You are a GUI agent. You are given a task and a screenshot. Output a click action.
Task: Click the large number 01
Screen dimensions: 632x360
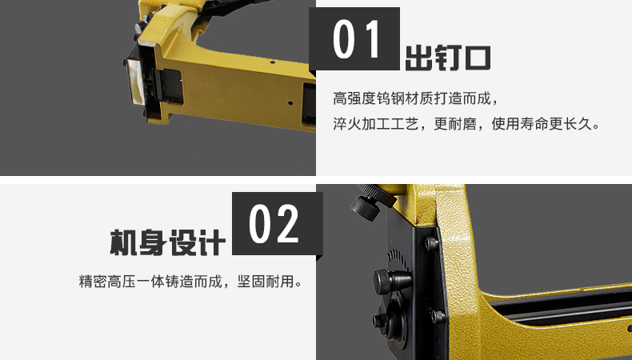(357, 39)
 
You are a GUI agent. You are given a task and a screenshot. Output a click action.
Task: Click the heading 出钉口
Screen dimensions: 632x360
(448, 58)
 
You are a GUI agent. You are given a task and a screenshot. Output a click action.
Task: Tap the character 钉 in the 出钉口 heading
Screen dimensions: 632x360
(447, 58)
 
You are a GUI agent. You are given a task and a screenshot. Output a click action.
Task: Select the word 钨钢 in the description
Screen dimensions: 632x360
(390, 98)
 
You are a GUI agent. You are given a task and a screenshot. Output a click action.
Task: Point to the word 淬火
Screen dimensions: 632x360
(347, 124)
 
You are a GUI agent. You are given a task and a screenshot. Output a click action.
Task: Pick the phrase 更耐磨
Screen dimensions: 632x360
(455, 124)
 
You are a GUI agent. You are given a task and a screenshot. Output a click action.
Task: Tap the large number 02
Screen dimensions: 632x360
(274, 224)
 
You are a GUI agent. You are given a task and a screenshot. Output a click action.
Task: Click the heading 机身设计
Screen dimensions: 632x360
(167, 242)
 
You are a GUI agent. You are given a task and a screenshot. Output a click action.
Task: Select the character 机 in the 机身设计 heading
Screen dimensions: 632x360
(124, 242)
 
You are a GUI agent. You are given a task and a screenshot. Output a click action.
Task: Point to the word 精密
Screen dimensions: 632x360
(93, 282)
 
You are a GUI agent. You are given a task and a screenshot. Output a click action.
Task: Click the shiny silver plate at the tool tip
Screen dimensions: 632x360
(135, 81)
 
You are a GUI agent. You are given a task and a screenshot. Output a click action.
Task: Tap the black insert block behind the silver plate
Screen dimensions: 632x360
(167, 86)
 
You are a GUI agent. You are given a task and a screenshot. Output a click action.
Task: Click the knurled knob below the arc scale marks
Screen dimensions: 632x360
(392, 280)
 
